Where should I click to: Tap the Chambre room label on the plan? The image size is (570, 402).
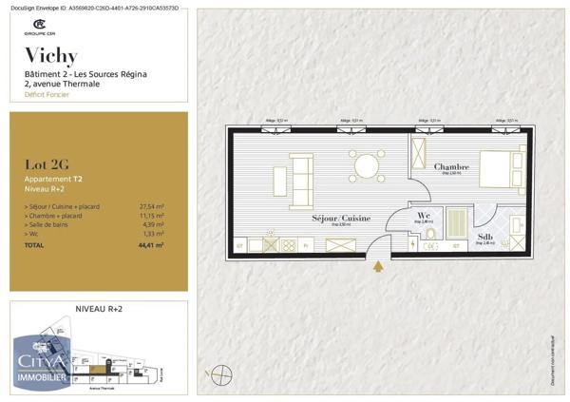(452, 166)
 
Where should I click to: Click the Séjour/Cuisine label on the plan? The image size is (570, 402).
(341, 219)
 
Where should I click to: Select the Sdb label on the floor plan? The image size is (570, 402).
(484, 237)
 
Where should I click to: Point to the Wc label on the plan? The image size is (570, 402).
(425, 215)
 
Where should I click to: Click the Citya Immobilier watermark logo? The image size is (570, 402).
(40, 367)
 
